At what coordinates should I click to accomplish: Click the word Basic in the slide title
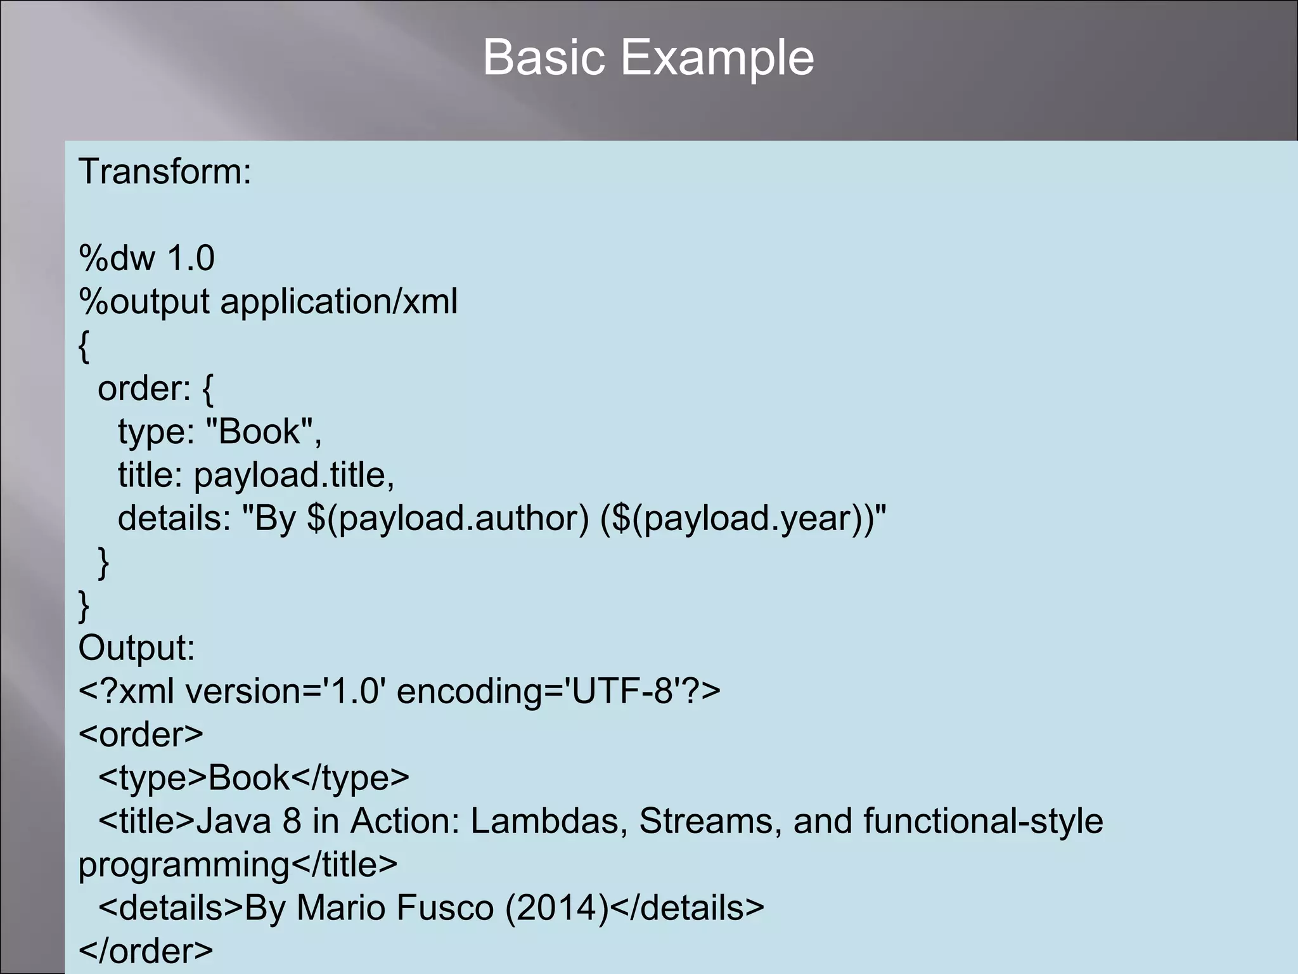point(544,58)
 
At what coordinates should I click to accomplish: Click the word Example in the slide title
point(716,58)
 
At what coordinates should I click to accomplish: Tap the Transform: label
point(165,172)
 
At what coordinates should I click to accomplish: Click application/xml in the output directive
point(338,301)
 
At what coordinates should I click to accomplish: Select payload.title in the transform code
point(294,475)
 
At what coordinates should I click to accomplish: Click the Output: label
point(136,648)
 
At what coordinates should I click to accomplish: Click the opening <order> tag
point(141,734)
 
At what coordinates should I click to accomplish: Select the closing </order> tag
point(146,951)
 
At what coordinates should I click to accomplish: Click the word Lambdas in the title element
point(549,821)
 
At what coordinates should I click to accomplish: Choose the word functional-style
point(983,821)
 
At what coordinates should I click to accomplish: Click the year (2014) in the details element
point(557,907)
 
